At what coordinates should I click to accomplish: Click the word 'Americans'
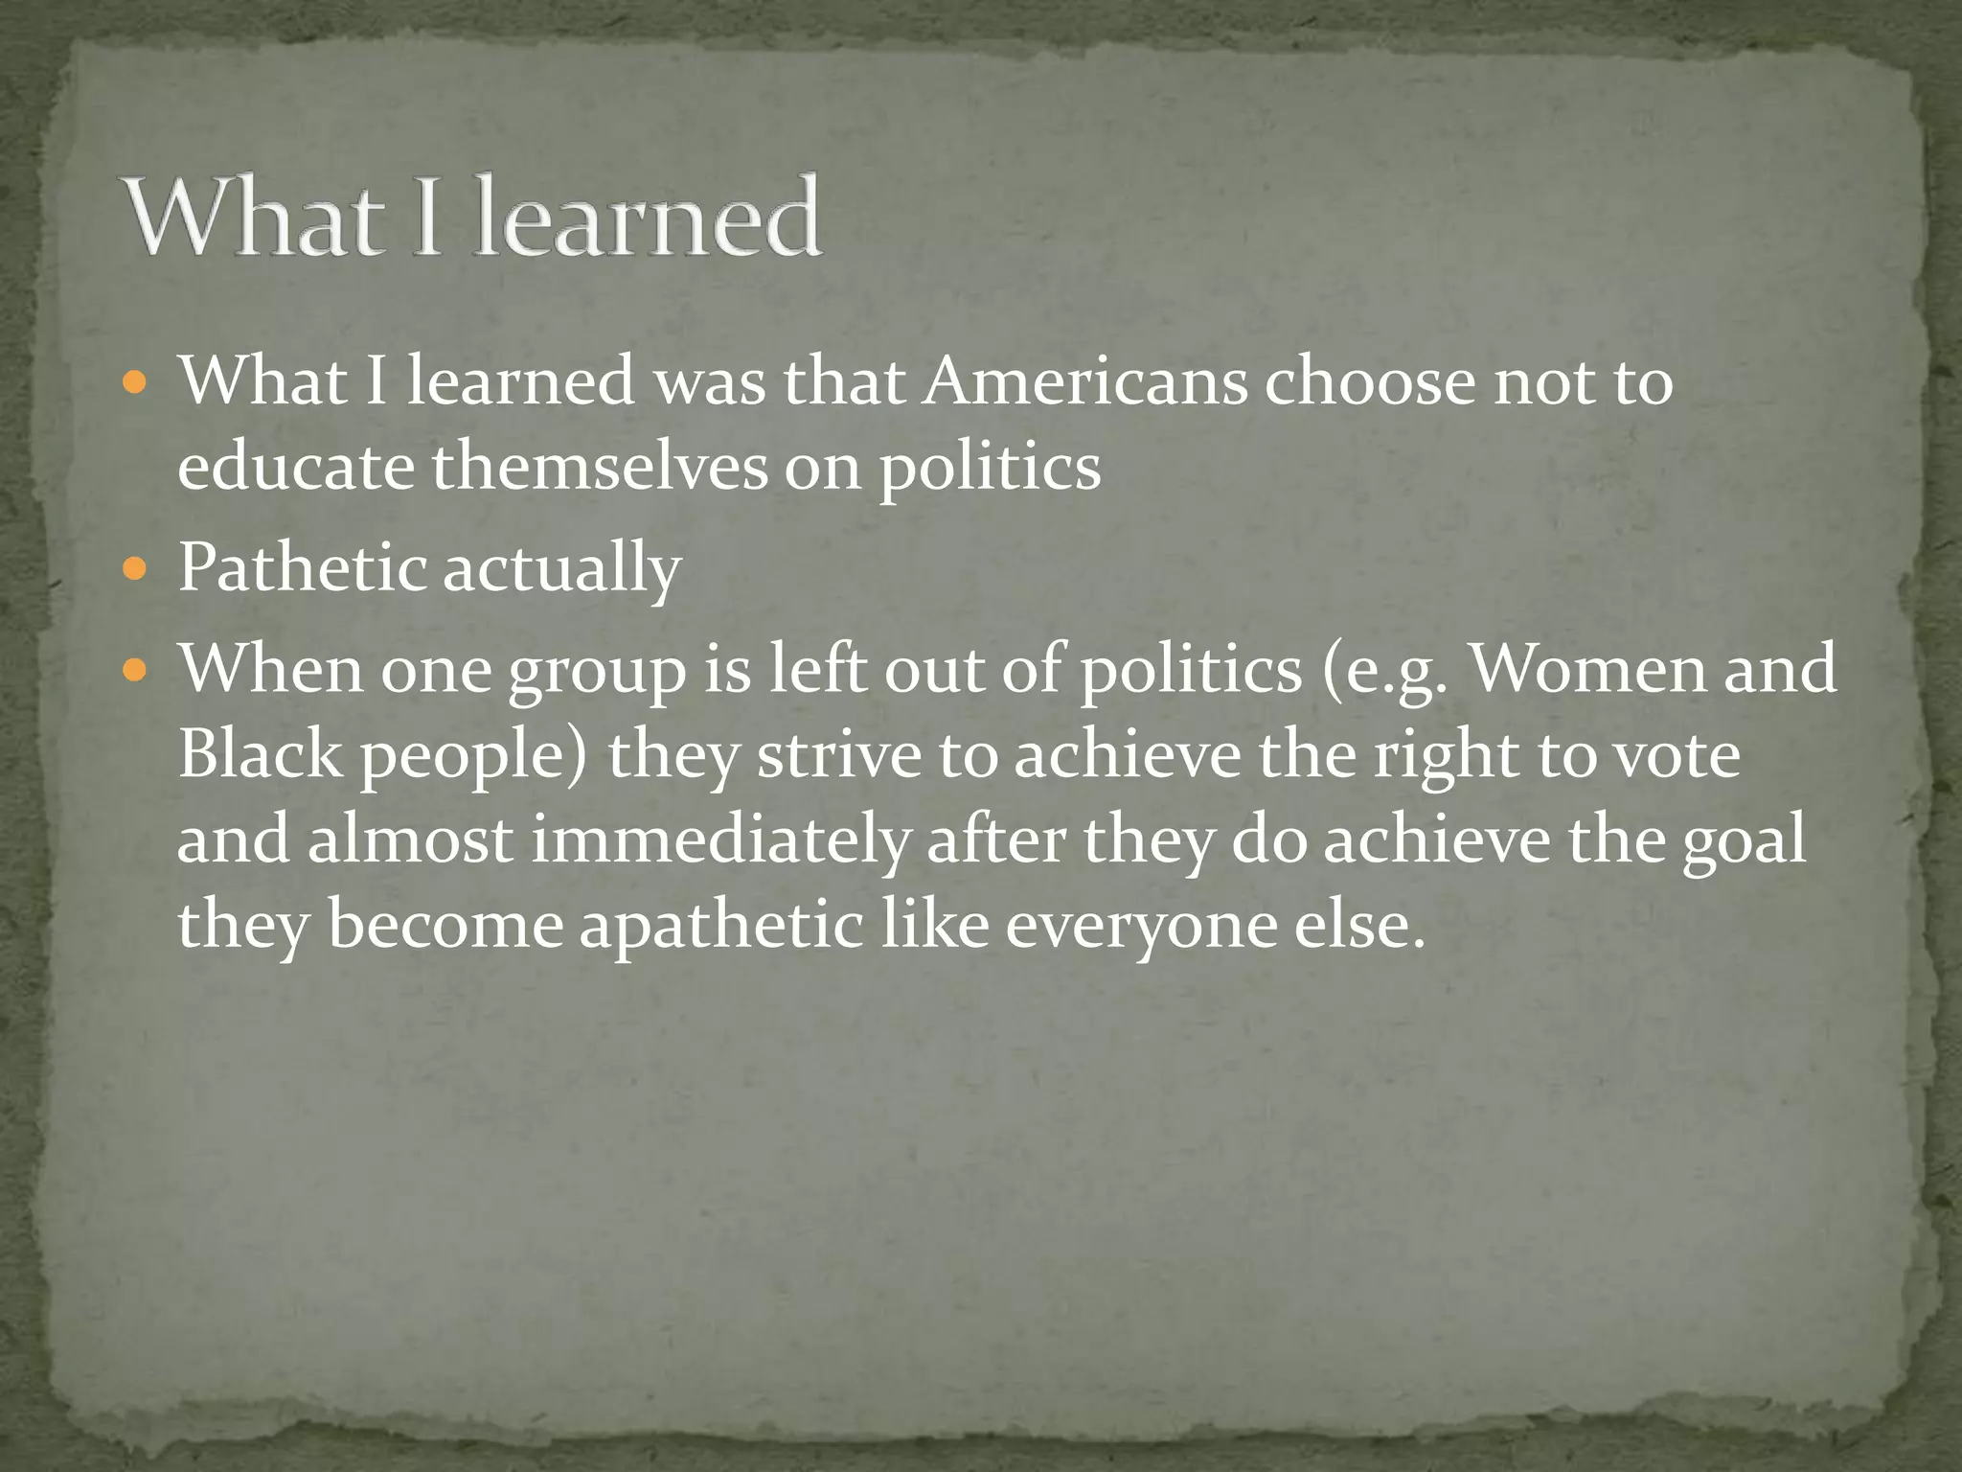coord(1086,382)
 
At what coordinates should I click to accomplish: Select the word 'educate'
coord(295,468)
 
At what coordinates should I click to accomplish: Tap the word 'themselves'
coord(600,468)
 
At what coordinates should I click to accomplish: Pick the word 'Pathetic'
coord(302,567)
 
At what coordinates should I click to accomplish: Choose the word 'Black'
coord(260,753)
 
